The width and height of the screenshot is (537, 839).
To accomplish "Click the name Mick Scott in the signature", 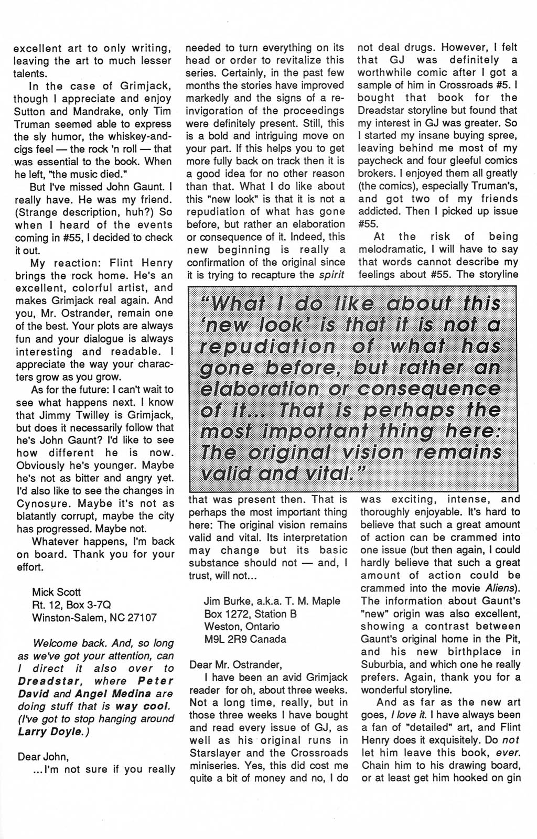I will click(57, 592).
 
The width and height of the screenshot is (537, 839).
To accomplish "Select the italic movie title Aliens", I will click(501, 588).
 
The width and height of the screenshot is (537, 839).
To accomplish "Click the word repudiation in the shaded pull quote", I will click(268, 347).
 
